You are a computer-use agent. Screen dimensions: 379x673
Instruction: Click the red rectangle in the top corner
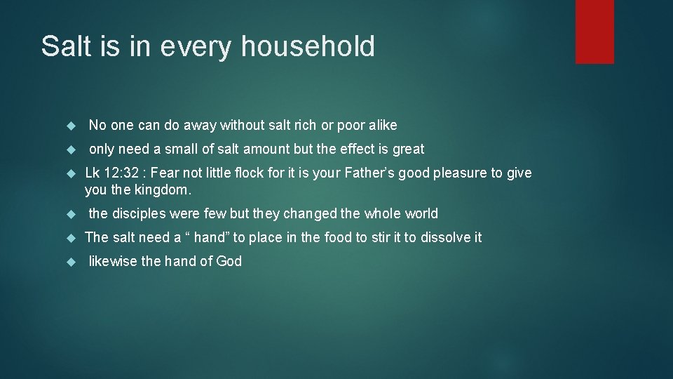(594, 32)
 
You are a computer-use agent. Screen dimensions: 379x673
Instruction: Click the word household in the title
(308, 46)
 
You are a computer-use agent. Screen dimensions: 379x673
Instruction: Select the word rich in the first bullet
(305, 125)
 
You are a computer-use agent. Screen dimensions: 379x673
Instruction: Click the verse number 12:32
(122, 173)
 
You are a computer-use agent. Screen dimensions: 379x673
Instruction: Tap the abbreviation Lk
(93, 173)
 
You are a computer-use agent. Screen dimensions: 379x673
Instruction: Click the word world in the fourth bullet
(421, 213)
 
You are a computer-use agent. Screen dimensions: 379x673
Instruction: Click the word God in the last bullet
(229, 261)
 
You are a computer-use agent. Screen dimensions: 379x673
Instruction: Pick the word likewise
(113, 261)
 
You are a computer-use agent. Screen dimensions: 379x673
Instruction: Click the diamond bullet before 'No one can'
(70, 126)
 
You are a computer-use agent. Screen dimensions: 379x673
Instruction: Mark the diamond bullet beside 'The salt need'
(70, 238)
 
